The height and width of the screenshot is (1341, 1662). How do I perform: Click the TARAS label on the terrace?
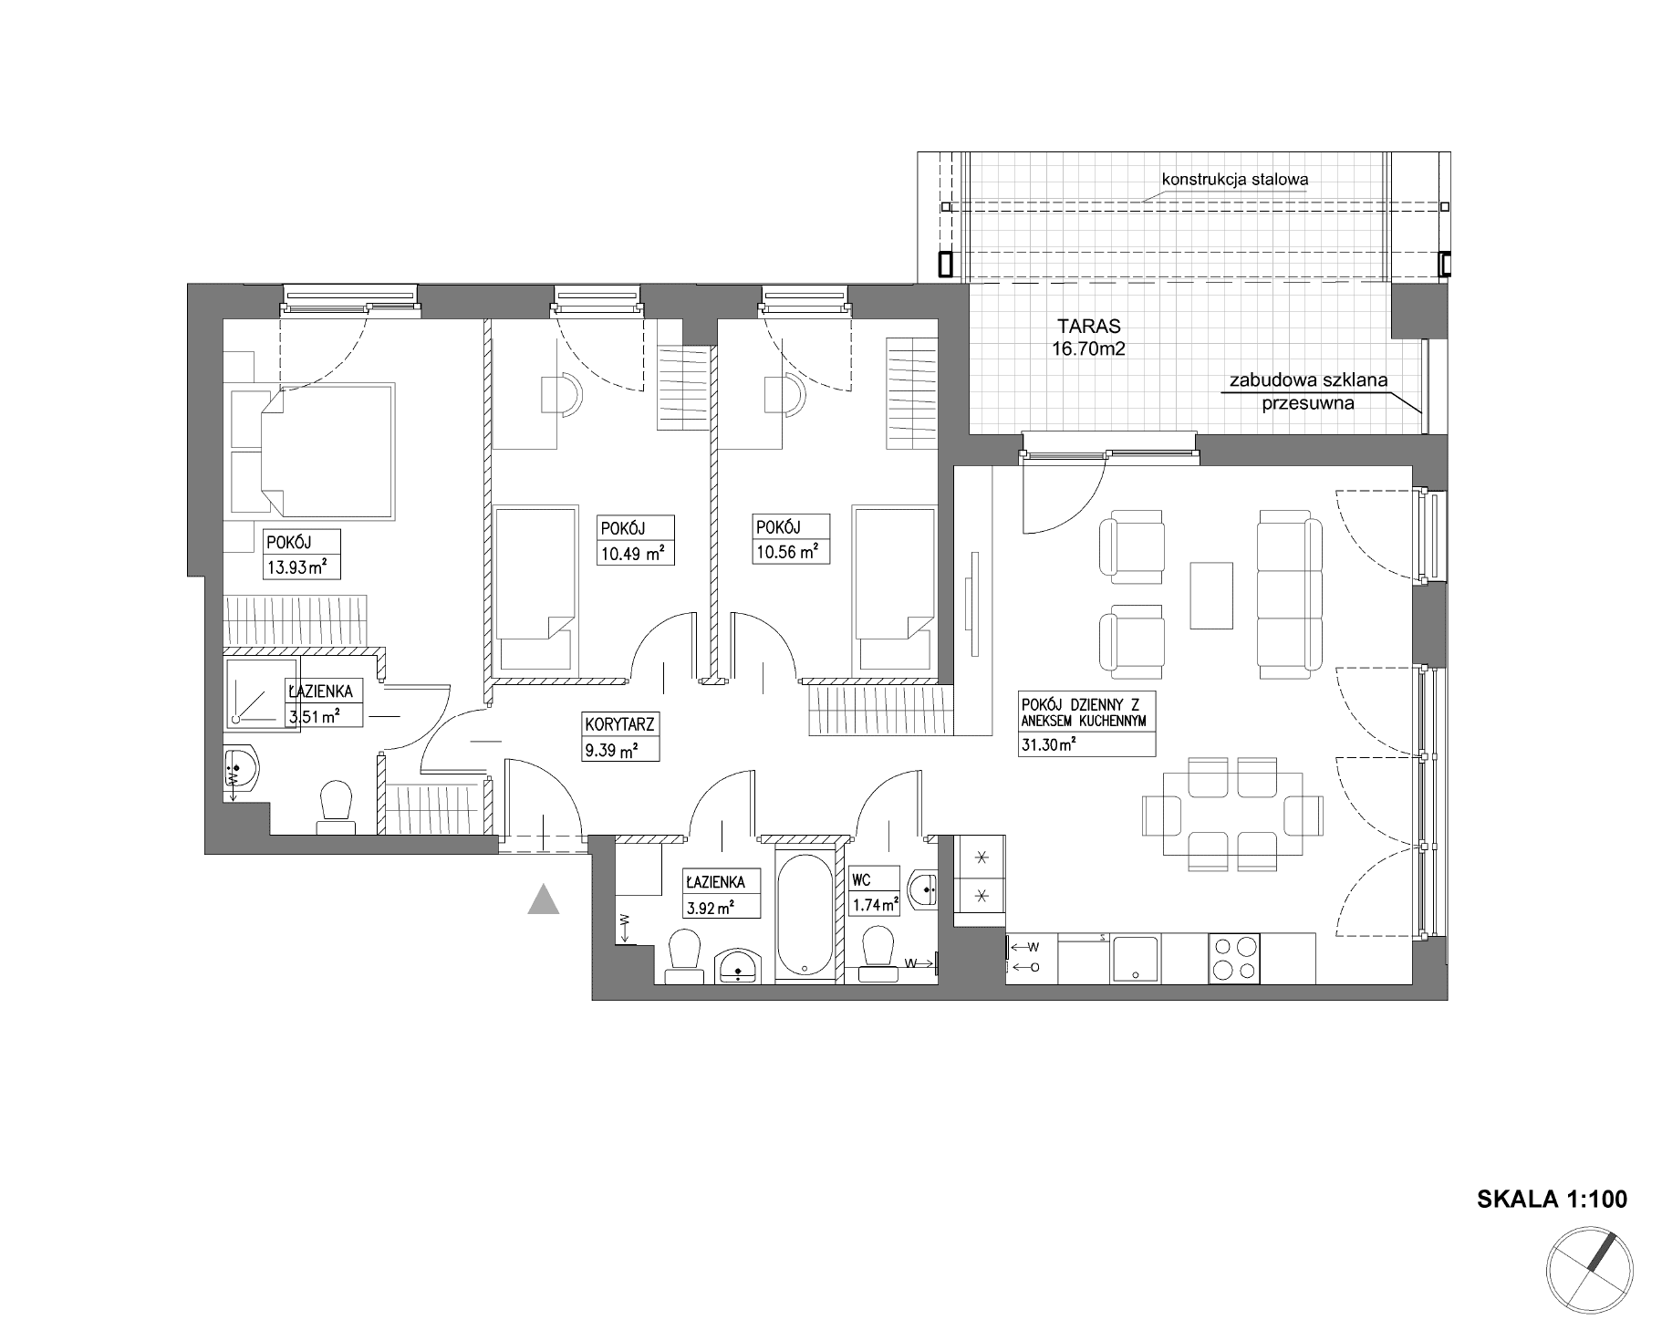coord(1088,325)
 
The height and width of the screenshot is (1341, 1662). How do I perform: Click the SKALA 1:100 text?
coord(1552,1199)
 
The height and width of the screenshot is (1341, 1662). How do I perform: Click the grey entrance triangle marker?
coord(543,899)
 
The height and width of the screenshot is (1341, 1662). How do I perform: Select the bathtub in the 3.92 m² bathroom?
coord(805,913)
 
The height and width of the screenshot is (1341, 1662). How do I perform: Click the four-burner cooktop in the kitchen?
coord(1234,958)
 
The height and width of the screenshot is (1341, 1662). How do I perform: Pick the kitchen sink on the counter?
coord(1134,959)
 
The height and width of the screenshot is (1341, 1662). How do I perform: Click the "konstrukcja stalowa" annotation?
coord(1234,179)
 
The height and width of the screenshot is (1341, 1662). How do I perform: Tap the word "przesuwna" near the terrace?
coord(1307,402)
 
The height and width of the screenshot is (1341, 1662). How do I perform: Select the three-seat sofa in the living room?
coord(1290,595)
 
